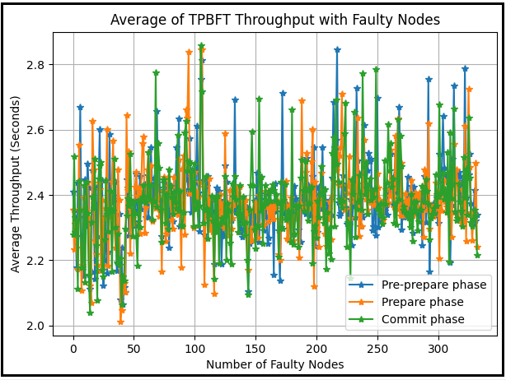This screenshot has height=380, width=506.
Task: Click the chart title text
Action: [275, 20]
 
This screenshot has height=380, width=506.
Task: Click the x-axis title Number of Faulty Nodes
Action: [275, 364]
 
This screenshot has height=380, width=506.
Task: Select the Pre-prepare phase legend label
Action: [434, 285]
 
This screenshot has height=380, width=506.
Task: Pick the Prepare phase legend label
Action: [423, 302]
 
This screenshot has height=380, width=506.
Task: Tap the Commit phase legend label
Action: [421, 319]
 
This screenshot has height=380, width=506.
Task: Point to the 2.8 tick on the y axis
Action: [36, 65]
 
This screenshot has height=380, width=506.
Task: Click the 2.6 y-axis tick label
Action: [36, 130]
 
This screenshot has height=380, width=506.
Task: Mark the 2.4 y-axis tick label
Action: [36, 196]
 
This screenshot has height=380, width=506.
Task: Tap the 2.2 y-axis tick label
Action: [36, 261]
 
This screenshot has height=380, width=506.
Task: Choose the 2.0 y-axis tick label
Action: [36, 327]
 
